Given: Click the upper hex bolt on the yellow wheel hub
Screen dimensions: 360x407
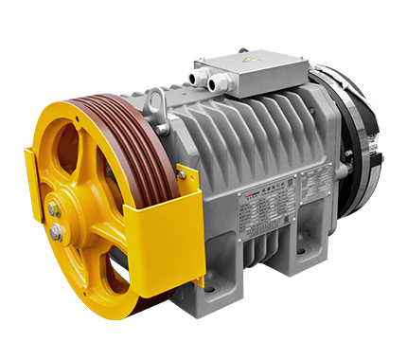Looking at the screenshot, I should [56, 209].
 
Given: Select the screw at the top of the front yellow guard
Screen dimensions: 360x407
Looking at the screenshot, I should [181, 173].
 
